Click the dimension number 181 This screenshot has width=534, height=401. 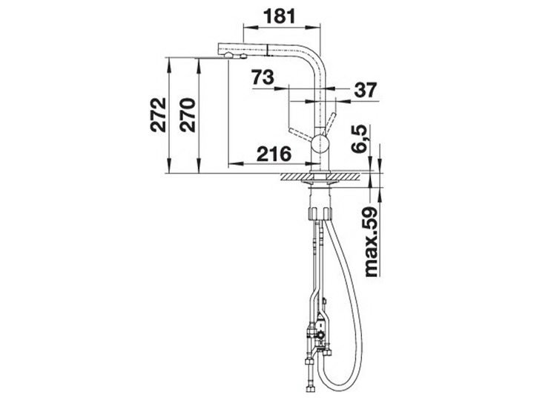point(280,16)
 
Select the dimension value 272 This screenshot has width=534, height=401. point(159,115)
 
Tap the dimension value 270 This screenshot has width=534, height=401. point(188,115)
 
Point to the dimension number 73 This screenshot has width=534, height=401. point(263,77)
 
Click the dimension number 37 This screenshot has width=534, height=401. point(366,90)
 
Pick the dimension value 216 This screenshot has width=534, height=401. point(274,154)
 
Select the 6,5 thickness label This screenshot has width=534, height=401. point(358,140)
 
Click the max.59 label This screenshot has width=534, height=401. point(371,241)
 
